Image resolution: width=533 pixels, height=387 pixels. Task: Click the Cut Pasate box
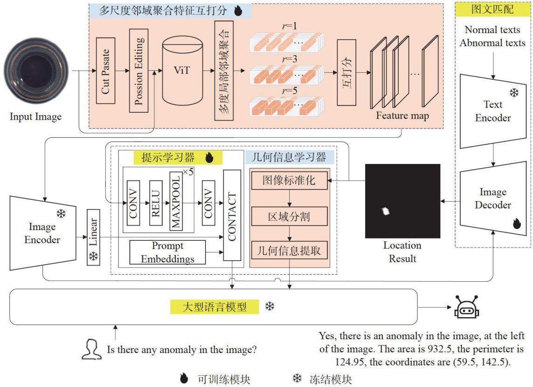tap(105, 71)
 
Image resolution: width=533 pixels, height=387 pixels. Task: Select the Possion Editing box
tap(139, 71)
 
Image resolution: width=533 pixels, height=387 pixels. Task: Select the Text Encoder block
tap(492, 111)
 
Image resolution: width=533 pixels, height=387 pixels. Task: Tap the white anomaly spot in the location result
tap(386, 211)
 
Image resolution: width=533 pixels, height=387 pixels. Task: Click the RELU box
tap(155, 203)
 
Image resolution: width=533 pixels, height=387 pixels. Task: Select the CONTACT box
tap(232, 215)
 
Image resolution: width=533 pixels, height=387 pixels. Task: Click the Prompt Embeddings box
tap(167, 252)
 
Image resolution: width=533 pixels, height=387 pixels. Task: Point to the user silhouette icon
tap(91, 349)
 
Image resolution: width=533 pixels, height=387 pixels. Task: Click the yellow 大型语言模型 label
tap(215, 307)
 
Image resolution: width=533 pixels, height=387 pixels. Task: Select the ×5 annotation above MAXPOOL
tap(188, 172)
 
